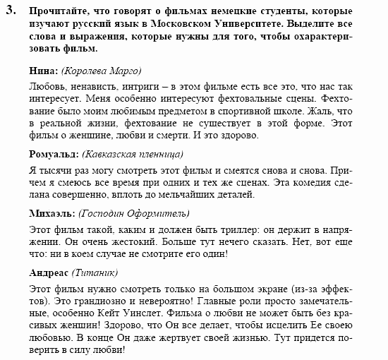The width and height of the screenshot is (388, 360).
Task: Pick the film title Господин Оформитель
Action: click(x=131, y=212)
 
